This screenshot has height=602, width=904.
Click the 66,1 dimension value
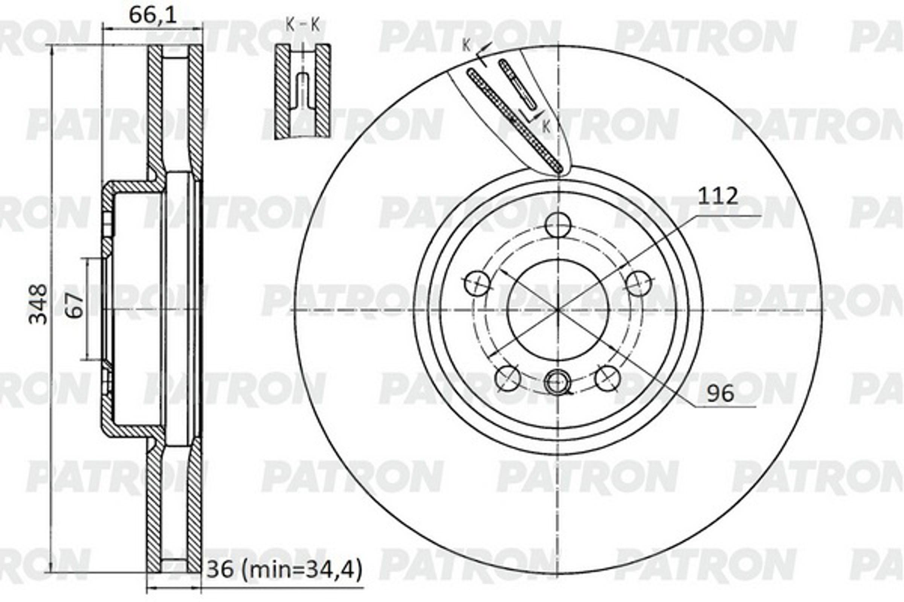(153, 15)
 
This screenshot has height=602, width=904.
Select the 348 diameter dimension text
(38, 304)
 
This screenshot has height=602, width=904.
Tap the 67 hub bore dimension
(76, 305)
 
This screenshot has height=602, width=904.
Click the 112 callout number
(717, 196)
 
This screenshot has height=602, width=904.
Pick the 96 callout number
(720, 394)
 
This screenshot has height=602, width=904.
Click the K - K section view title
(303, 25)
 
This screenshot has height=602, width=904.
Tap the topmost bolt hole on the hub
(558, 225)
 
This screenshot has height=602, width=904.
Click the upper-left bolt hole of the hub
(477, 283)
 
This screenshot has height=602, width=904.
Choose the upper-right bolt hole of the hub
(638, 283)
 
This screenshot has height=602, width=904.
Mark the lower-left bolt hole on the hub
(508, 378)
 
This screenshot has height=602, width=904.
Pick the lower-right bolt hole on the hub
(607, 378)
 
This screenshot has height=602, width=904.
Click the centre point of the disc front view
(558, 309)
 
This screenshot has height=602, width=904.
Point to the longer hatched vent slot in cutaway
(515, 120)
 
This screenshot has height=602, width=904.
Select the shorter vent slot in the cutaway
(517, 83)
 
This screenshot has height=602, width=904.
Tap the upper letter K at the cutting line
(466, 45)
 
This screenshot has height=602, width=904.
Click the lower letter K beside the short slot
(546, 126)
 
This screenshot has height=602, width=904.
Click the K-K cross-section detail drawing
(302, 91)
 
